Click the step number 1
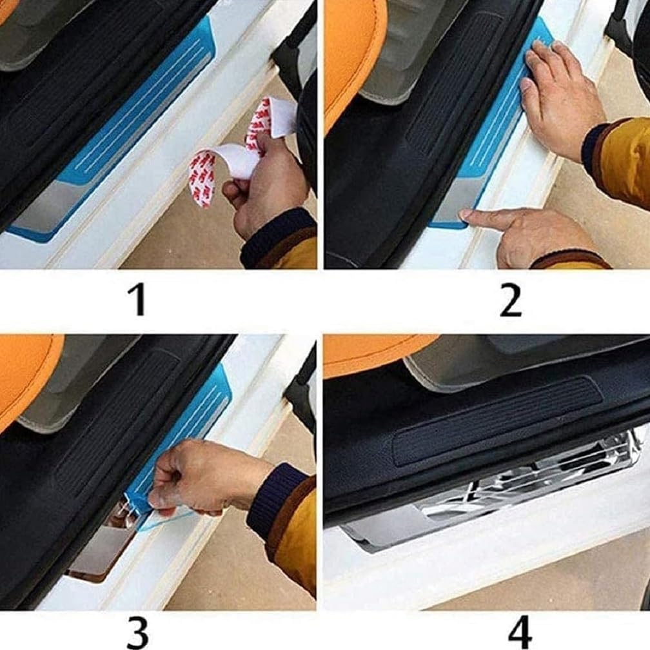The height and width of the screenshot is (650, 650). click(x=137, y=299)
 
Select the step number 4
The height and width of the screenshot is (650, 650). click(x=520, y=632)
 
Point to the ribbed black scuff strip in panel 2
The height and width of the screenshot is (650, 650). click(x=456, y=83)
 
